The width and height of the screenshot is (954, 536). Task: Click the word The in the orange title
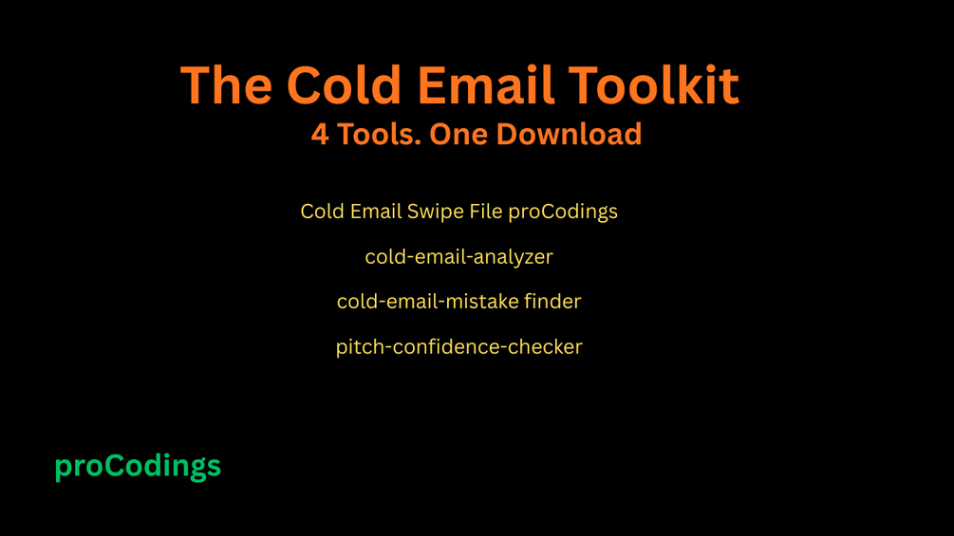click(x=226, y=84)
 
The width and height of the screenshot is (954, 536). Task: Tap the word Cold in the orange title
click(x=345, y=84)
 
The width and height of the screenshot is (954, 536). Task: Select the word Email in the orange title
click(x=485, y=84)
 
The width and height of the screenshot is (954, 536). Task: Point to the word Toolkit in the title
click(x=654, y=84)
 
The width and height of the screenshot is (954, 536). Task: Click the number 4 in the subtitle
click(x=320, y=135)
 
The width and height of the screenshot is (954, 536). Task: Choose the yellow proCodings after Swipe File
click(x=563, y=213)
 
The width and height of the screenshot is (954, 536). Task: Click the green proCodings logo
click(x=138, y=467)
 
